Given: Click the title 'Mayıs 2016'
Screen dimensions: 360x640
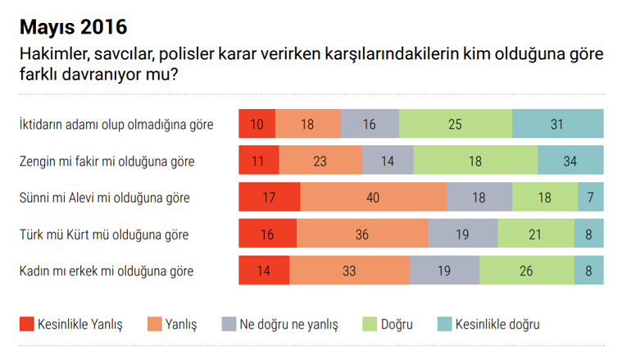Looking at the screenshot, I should [x=73, y=27].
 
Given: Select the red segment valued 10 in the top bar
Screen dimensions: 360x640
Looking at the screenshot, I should [x=256, y=125].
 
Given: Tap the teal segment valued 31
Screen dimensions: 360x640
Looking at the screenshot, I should [x=557, y=125].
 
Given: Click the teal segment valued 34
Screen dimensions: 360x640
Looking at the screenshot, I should [x=570, y=161].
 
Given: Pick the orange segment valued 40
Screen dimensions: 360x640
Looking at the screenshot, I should [x=374, y=198].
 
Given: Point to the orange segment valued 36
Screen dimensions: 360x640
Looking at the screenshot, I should [x=362, y=235].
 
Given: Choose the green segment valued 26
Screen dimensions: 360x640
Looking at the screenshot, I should [x=527, y=270].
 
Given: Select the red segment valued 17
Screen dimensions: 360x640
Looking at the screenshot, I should [x=269, y=198].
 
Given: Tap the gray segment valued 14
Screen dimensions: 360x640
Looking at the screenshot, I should [x=388, y=161].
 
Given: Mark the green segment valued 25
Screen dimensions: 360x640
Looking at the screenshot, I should [x=456, y=125].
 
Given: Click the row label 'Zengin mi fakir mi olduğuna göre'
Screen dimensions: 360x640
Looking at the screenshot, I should [x=107, y=161].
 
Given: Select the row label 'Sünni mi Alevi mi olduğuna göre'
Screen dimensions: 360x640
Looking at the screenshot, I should [x=103, y=198].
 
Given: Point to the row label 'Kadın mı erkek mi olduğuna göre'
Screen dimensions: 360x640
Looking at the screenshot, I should [x=107, y=270].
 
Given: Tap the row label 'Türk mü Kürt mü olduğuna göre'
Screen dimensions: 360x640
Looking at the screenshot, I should [x=103, y=235].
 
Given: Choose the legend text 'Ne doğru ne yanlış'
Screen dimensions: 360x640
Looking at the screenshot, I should [x=288, y=324].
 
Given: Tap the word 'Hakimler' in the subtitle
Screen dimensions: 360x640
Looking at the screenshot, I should [x=52, y=56].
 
